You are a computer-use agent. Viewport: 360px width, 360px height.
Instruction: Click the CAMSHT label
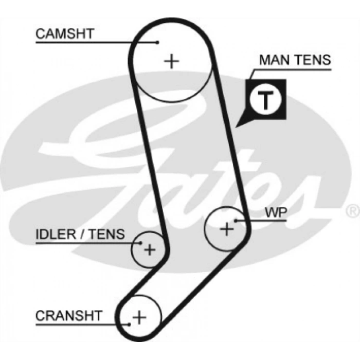click(65, 33)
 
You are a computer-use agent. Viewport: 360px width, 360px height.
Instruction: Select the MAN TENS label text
click(295, 60)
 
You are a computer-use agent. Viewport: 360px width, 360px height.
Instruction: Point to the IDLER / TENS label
click(80, 235)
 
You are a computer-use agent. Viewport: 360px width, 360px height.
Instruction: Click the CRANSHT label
click(69, 315)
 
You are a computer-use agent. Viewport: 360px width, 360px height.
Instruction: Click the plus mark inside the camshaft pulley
click(172, 62)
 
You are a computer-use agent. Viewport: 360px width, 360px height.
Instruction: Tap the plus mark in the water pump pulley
click(226, 228)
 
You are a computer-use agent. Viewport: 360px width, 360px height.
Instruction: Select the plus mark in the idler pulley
click(149, 250)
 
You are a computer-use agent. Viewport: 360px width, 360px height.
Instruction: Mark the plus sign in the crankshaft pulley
click(139, 316)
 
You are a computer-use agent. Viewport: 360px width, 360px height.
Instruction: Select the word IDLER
click(54, 235)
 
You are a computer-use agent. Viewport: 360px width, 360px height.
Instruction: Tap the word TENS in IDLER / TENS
click(107, 235)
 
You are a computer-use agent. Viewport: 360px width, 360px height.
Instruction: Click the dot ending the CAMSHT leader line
click(158, 43)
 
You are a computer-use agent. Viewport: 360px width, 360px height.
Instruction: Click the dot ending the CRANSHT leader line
click(128, 323)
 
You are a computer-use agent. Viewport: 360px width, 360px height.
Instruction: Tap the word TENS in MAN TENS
click(313, 60)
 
